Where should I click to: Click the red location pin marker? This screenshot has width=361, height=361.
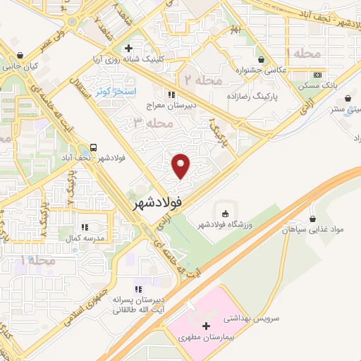(x=182, y=166)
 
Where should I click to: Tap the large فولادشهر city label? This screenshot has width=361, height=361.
(x=157, y=202)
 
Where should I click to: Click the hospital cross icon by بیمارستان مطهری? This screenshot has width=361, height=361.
(x=206, y=326)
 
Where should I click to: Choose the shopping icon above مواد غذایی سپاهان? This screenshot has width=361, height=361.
(x=311, y=219)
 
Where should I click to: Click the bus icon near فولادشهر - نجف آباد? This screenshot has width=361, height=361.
(x=93, y=148)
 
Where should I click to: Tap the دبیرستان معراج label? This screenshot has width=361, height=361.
(x=171, y=106)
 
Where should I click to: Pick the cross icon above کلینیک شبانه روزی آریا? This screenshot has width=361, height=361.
(x=128, y=49)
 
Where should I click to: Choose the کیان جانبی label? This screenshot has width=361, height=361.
(x=19, y=67)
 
